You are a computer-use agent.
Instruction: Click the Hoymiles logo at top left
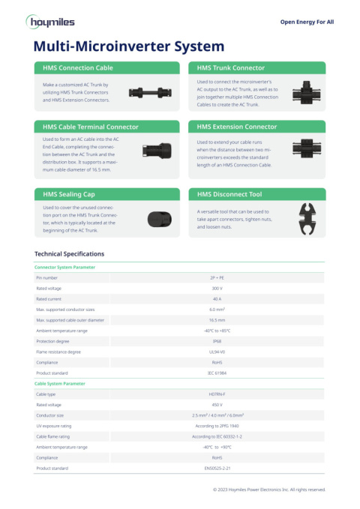[x=53, y=22]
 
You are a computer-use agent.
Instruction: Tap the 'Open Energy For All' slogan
[x=307, y=22]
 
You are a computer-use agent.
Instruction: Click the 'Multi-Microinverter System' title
[x=129, y=46]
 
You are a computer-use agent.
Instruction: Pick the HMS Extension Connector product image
[x=306, y=147]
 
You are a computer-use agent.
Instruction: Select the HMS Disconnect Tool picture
[x=307, y=217]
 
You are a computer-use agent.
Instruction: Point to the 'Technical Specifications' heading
[x=70, y=254]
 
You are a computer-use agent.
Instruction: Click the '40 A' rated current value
[x=217, y=298]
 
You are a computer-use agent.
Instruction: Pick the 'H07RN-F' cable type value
[x=217, y=394]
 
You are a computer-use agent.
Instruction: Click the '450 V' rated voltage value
[x=217, y=404]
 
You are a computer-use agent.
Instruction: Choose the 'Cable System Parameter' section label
[x=60, y=383]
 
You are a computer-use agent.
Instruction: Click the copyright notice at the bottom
[x=269, y=489]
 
